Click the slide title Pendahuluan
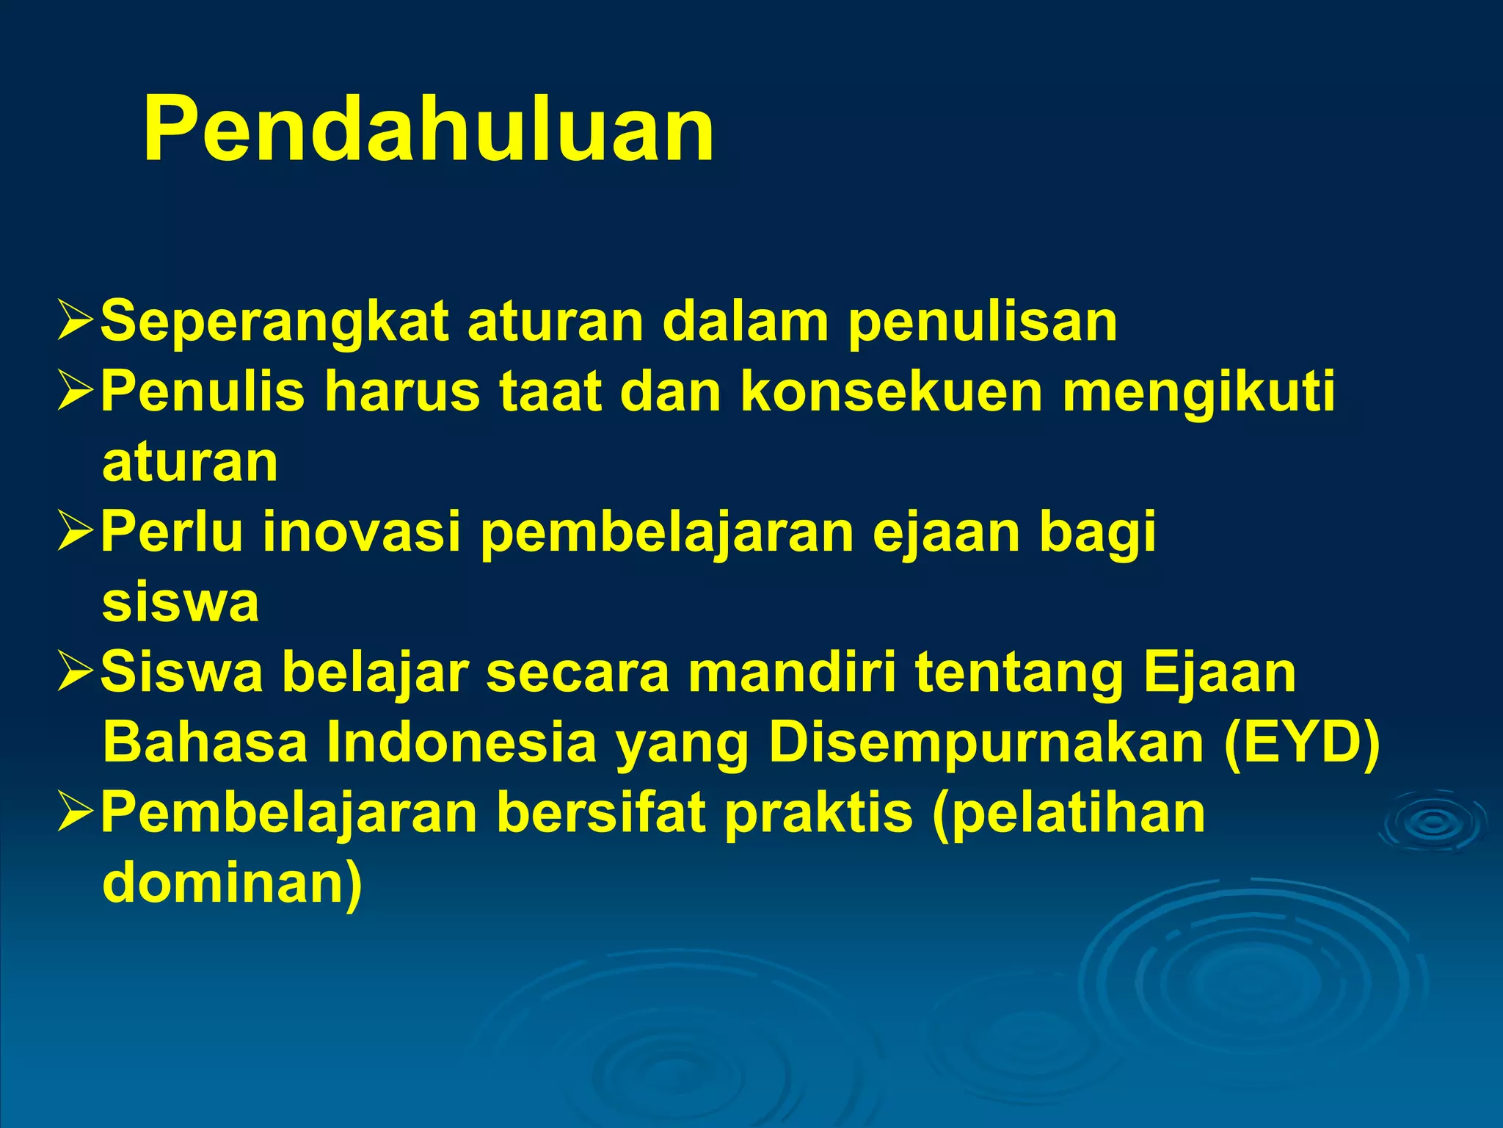[x=429, y=131]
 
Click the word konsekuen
[x=891, y=391]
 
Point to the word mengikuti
[x=1198, y=391]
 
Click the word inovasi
[x=362, y=531]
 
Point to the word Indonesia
[x=462, y=742]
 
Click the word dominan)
[x=232, y=883]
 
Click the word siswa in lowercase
[x=181, y=602]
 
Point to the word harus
[x=402, y=391]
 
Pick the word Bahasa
[x=205, y=742]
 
